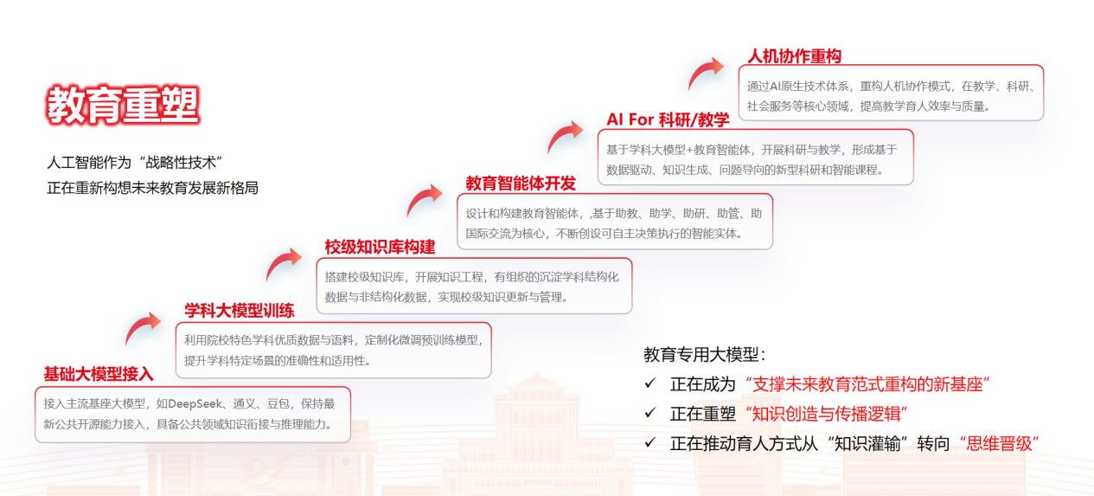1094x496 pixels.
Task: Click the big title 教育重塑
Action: (x=123, y=105)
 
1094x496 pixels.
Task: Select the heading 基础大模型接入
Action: (x=99, y=374)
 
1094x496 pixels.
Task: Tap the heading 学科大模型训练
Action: (x=240, y=310)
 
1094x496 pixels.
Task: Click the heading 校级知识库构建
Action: (x=380, y=247)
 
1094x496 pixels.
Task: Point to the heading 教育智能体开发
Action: (x=521, y=184)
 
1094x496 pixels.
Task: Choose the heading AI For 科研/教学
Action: (x=668, y=119)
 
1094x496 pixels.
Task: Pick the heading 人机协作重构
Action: (x=795, y=56)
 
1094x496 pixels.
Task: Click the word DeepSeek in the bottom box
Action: (x=195, y=403)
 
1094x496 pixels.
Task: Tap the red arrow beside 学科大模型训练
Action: (x=143, y=327)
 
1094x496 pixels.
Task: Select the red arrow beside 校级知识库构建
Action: (x=284, y=264)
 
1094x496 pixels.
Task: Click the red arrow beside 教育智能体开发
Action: (x=424, y=200)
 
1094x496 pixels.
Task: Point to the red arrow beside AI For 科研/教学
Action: (x=565, y=137)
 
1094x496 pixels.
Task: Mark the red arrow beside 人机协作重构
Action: (x=705, y=74)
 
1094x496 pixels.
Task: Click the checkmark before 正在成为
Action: (x=650, y=383)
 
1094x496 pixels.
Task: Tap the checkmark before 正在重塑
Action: (x=650, y=413)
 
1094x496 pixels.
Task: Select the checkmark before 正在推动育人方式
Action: (x=650, y=442)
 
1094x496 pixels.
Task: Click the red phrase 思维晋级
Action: (x=999, y=444)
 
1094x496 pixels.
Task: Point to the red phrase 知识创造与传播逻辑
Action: (x=826, y=414)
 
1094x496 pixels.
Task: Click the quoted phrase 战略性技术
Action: (x=181, y=162)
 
